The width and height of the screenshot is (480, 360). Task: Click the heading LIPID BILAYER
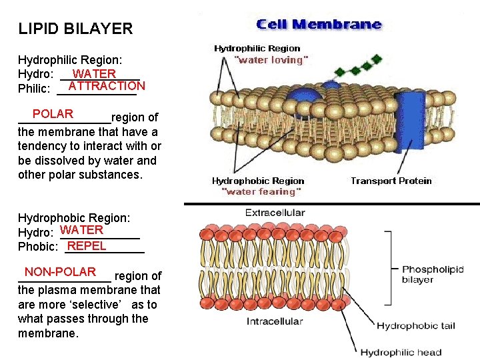(x=75, y=29)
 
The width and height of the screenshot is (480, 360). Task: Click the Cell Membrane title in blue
(x=319, y=24)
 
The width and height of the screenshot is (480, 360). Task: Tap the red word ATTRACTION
(x=107, y=86)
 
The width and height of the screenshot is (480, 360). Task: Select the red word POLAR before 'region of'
(x=53, y=114)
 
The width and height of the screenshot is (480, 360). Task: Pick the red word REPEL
(x=87, y=246)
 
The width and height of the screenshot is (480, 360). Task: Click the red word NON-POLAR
(x=60, y=272)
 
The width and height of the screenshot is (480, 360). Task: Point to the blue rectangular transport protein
(x=409, y=123)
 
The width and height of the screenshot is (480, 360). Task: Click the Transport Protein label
(x=391, y=181)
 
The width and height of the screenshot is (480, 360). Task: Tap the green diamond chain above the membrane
(x=358, y=65)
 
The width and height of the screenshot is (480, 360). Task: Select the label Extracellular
(x=275, y=213)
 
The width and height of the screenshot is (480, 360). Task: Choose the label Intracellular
(x=275, y=321)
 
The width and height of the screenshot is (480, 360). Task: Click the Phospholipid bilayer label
(x=433, y=274)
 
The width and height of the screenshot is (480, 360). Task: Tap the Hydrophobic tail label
(x=416, y=326)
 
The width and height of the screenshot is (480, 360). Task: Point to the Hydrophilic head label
(x=401, y=353)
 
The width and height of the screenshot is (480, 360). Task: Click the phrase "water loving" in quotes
(x=271, y=60)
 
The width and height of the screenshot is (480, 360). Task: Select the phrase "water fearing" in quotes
(x=261, y=191)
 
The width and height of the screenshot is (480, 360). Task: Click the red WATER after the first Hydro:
(x=94, y=74)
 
